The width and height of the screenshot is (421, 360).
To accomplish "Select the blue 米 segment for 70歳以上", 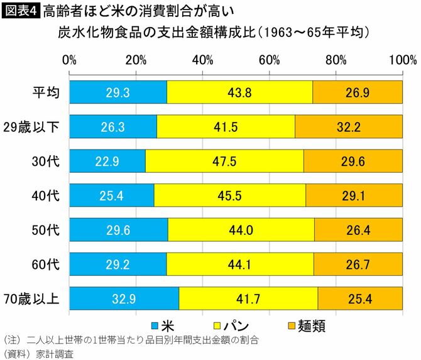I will tap(124, 297).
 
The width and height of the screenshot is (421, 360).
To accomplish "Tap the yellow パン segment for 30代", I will tap(224, 161).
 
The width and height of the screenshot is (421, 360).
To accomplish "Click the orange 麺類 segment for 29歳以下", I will tap(349, 127).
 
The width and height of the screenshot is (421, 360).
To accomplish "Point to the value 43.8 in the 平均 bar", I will tap(240, 92).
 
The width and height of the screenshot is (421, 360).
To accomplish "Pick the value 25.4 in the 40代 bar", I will tap(111, 195).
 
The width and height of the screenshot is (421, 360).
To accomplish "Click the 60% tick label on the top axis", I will tap(269, 60).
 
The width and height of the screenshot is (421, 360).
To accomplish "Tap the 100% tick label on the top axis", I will tap(402, 60).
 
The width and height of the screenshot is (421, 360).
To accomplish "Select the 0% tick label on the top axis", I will tap(70, 60).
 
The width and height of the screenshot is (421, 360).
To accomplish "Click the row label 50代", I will tap(46, 229).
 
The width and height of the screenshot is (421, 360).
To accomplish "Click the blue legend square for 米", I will tap(154, 325).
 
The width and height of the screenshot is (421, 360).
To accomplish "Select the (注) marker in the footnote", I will tap(13, 340).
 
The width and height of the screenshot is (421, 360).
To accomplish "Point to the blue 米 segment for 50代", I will tap(118, 229).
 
